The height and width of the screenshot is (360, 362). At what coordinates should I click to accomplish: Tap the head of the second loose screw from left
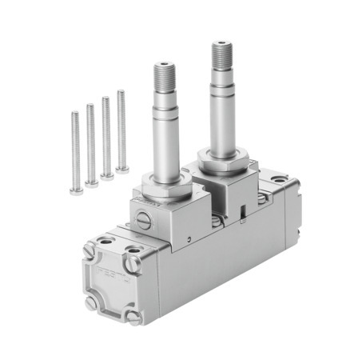92,182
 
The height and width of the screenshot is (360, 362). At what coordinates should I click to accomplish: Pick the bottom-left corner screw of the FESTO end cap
90,302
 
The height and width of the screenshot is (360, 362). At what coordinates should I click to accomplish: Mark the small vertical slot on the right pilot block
241,211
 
